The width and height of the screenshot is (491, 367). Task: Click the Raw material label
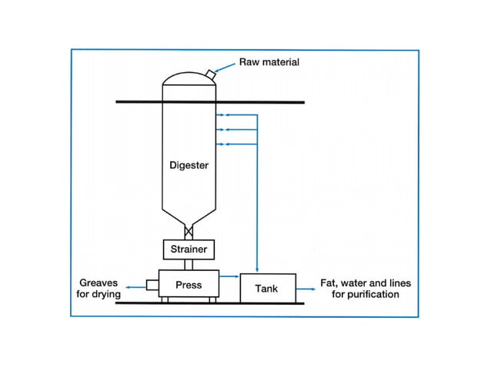[269, 62]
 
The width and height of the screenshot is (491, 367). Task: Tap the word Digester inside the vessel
[189, 165]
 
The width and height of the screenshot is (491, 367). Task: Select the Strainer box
[189, 250]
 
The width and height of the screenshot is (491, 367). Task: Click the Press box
[189, 283]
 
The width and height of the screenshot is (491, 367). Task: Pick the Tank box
[268, 288]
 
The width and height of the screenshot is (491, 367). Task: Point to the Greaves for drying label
[99, 288]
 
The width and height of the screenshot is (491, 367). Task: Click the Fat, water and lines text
[366, 283]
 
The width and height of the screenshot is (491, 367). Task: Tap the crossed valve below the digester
[189, 232]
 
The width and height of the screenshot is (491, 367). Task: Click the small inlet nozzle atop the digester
[211, 74]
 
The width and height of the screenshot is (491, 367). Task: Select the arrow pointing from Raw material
[225, 68]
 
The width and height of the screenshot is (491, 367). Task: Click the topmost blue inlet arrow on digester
[236, 115]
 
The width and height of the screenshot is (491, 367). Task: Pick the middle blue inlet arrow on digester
[236, 129]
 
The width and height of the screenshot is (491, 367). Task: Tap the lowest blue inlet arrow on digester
[236, 144]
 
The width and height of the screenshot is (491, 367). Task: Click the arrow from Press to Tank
[229, 276]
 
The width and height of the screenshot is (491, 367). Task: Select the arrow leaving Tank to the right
[306, 289]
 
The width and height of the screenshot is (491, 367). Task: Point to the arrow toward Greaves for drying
[136, 287]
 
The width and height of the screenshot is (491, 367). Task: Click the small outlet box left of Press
[152, 285]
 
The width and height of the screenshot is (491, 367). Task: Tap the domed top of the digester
[189, 78]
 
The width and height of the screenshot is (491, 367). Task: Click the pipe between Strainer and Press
[189, 265]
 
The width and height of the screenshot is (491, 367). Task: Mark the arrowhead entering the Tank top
[257, 269]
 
